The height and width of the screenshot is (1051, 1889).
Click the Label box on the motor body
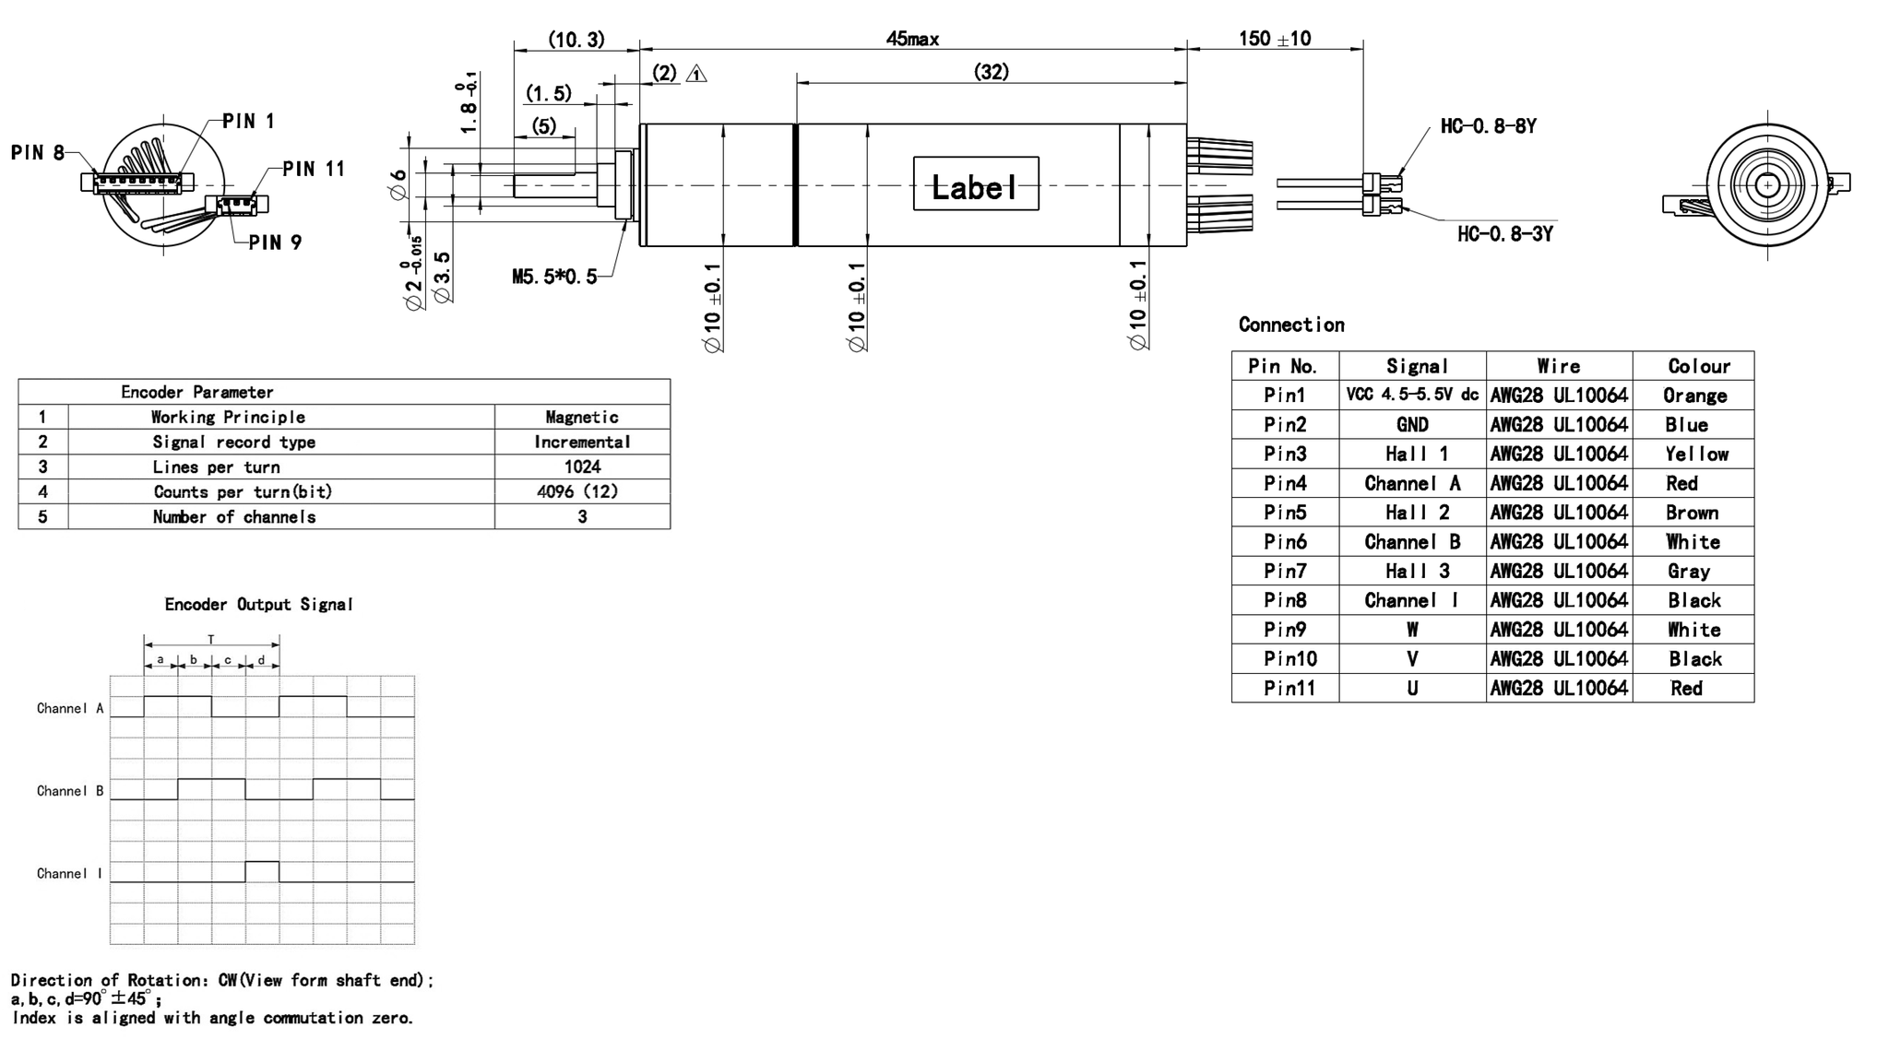pyautogui.click(x=975, y=184)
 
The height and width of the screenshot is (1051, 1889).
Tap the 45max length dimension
pyautogui.click(x=911, y=39)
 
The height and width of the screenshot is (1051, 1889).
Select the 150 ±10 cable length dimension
pyautogui.click(x=1274, y=39)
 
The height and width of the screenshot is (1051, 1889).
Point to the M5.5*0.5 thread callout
pyautogui.click(x=554, y=277)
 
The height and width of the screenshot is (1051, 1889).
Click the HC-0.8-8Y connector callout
pyautogui.click(x=1488, y=126)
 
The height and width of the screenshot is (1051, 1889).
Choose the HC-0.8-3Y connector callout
pyautogui.click(x=1504, y=234)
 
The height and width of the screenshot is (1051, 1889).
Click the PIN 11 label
pyautogui.click(x=314, y=169)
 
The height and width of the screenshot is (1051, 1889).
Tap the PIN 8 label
pyautogui.click(x=38, y=153)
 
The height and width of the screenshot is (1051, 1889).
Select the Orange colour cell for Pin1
pyautogui.click(x=1693, y=396)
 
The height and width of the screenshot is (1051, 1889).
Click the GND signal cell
pyautogui.click(x=1411, y=425)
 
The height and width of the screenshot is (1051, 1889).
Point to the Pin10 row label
pyautogui.click(x=1289, y=659)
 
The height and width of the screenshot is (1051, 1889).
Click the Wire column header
pyautogui.click(x=1558, y=366)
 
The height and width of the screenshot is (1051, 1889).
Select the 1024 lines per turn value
pyautogui.click(x=582, y=466)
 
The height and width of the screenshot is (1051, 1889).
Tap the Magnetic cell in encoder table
pyautogui.click(x=582, y=418)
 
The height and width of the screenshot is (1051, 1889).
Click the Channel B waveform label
pyautogui.click(x=70, y=791)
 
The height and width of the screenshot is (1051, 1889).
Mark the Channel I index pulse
pyautogui.click(x=262, y=869)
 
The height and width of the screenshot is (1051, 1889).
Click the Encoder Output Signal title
pyautogui.click(x=258, y=605)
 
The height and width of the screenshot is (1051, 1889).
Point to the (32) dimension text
pyautogui.click(x=992, y=72)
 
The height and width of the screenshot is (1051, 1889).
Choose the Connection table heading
pyautogui.click(x=1291, y=325)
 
